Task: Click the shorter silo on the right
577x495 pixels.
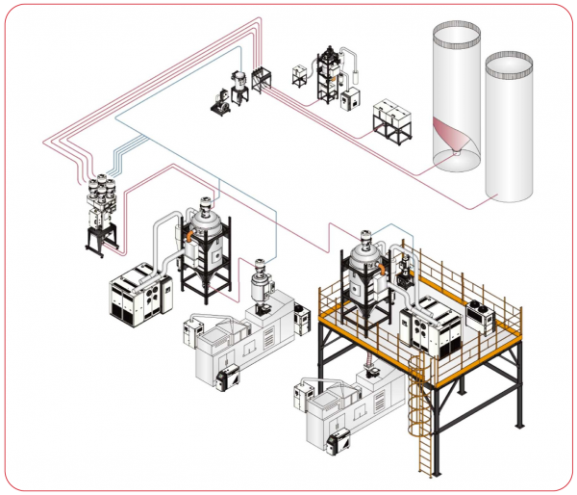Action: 509,130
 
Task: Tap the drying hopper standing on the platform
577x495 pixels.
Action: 365,265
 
